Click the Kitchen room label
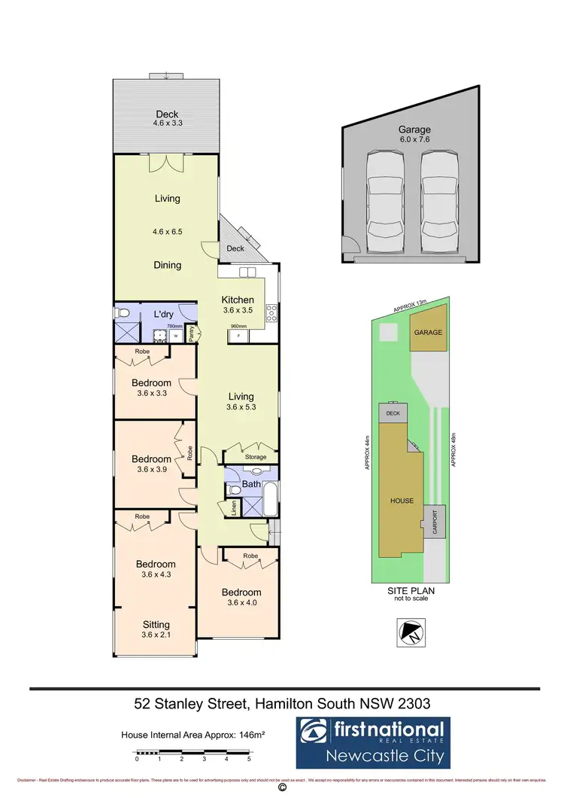[x=237, y=300]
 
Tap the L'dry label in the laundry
[x=165, y=313]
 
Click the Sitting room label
[x=156, y=624]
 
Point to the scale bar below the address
[x=193, y=752]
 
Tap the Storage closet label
[x=256, y=456]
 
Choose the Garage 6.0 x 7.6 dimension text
[x=415, y=139]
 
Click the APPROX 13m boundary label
[x=409, y=305]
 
